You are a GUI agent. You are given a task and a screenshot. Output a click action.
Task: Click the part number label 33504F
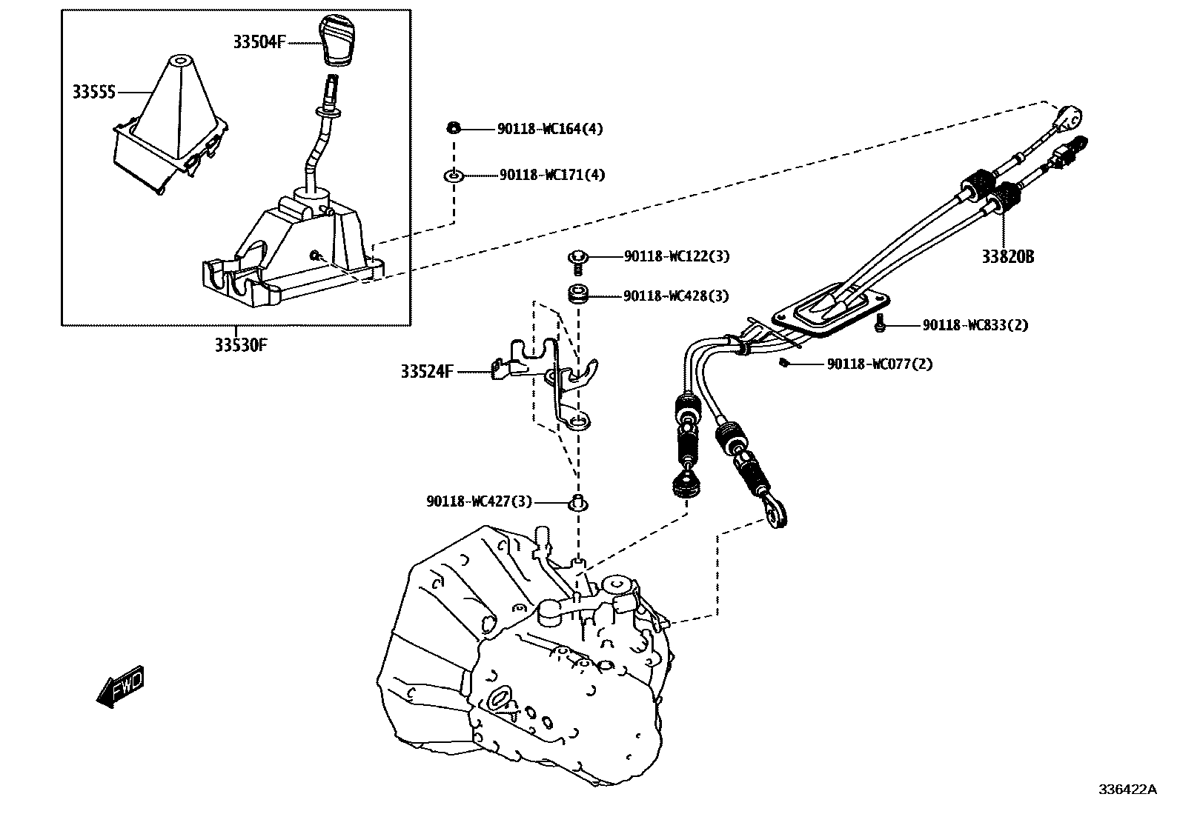tap(259, 42)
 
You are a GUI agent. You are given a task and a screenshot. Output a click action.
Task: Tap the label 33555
tap(94, 93)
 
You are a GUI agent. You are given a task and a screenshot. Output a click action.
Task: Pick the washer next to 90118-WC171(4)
tap(453, 176)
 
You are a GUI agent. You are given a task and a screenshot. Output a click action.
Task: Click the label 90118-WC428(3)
tap(675, 296)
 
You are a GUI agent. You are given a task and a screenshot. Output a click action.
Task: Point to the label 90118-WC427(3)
tap(479, 501)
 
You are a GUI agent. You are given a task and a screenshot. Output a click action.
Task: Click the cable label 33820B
tap(1007, 257)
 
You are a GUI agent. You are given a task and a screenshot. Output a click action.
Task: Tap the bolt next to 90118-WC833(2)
tap(880, 322)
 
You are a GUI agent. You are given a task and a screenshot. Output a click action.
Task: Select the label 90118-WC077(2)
tap(880, 364)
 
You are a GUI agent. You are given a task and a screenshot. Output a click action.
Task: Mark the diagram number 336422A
tap(1127, 790)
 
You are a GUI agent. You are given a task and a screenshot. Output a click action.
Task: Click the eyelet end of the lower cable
tap(777, 514)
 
